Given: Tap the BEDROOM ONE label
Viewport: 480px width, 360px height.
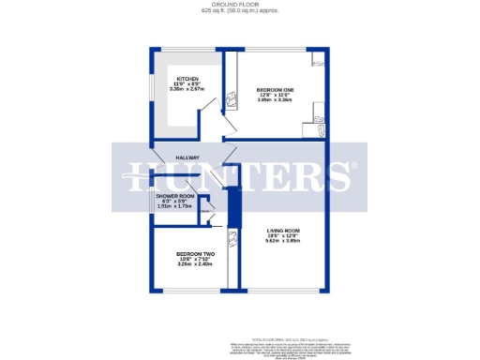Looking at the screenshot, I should tap(276, 88).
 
